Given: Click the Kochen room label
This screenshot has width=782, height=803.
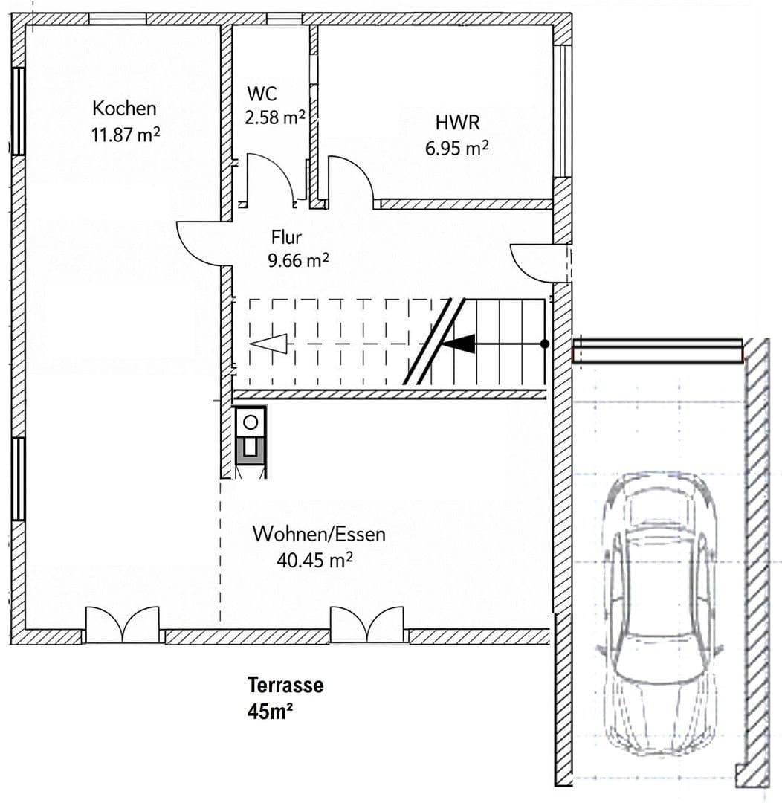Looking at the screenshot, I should (x=124, y=109).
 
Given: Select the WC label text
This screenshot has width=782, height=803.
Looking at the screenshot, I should (x=262, y=94).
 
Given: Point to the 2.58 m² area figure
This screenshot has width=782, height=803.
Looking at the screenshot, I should (x=274, y=117).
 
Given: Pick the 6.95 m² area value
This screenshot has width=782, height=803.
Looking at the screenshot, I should (x=456, y=148).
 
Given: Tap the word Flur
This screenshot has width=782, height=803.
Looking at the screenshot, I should (x=286, y=238).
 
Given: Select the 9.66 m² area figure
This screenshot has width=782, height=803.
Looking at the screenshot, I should (x=297, y=260).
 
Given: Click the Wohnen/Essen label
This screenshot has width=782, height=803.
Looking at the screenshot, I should (x=319, y=534).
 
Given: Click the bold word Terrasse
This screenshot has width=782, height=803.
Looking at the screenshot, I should (x=285, y=685).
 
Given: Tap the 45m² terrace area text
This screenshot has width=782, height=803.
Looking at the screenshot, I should (x=269, y=711).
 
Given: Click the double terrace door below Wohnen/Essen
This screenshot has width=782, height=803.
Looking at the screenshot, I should (x=367, y=625).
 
